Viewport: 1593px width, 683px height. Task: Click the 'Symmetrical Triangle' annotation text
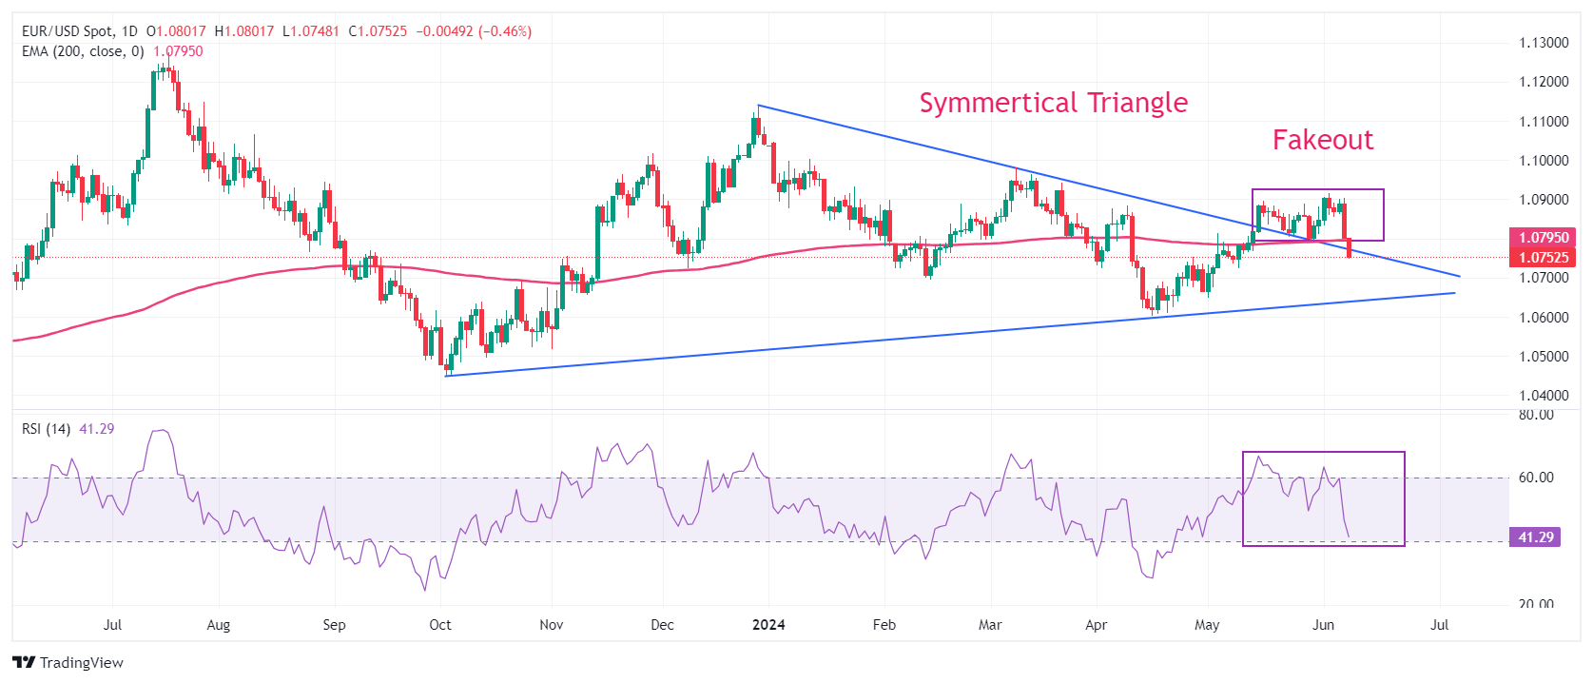(1053, 103)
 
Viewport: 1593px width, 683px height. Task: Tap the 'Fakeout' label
(1323, 140)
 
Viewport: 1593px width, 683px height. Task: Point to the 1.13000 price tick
(1544, 43)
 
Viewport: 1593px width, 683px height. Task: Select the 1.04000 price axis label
(1544, 396)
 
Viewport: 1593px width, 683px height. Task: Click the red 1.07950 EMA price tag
(1543, 238)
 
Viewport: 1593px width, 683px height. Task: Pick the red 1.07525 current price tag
(1543, 258)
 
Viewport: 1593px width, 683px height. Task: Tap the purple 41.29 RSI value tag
(1535, 537)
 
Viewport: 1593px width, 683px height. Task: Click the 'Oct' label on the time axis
(440, 625)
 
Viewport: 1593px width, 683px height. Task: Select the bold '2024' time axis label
(768, 625)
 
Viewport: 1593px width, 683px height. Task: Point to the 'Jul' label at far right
(1440, 625)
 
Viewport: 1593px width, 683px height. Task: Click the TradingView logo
(68, 662)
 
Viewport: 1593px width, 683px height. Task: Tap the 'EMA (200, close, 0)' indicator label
(83, 51)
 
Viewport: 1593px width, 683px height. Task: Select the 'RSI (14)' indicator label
(46, 429)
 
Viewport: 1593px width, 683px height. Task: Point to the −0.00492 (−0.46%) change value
(474, 31)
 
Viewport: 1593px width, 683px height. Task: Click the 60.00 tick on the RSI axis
(1536, 478)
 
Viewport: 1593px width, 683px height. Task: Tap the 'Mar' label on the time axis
(990, 625)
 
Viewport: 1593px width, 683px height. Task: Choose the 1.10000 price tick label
(1544, 161)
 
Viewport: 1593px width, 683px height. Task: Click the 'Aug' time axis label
(219, 625)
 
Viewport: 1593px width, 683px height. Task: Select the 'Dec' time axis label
(662, 625)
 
